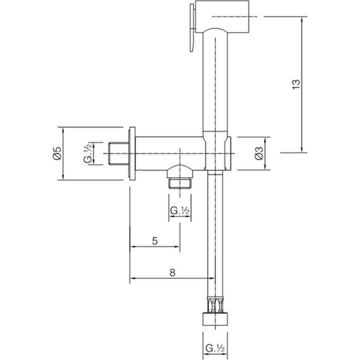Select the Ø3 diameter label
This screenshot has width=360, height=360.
click(x=260, y=153)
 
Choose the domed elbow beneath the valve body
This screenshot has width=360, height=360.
click(x=179, y=171)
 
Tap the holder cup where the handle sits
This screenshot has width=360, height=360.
click(x=218, y=152)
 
